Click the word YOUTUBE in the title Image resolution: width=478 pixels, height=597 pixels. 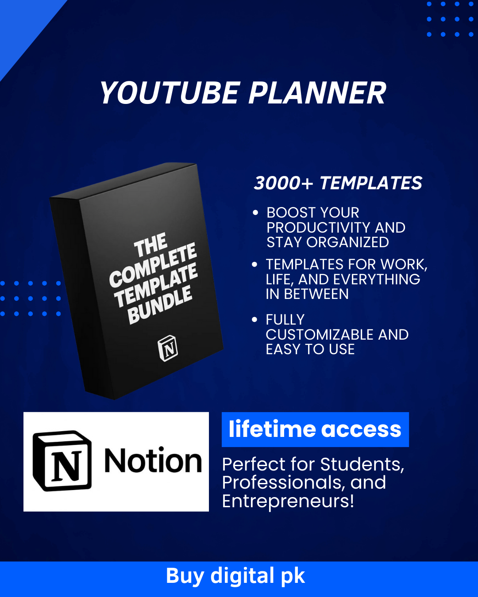(169, 93)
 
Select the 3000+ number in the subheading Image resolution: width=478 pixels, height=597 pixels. (283, 184)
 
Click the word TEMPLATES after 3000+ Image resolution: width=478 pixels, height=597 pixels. (371, 184)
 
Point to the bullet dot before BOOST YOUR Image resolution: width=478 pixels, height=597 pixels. (255, 213)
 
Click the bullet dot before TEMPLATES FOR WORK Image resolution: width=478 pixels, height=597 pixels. (254, 264)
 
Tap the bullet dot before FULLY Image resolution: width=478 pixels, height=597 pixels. (254, 320)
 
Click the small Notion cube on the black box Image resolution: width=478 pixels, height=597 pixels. (168, 348)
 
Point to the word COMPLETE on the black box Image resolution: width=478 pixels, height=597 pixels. (153, 265)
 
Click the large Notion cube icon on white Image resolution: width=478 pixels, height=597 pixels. (62, 461)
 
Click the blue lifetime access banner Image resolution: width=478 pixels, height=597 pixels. (315, 429)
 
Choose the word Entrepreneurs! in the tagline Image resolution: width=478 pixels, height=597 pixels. (288, 501)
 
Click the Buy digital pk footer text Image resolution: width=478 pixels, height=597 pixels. (235, 576)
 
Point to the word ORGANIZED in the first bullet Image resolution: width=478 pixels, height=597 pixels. (347, 242)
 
